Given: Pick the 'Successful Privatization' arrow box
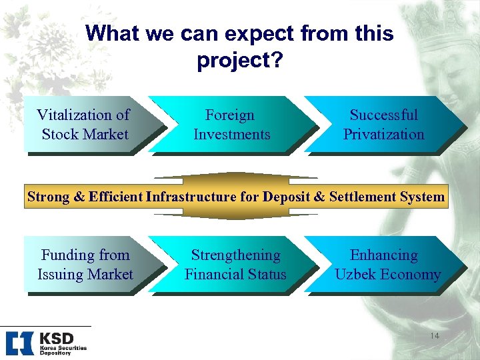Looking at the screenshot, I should (383, 125).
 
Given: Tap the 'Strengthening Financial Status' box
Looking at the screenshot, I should (235, 265).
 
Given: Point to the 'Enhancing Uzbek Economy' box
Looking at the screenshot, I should (387, 265).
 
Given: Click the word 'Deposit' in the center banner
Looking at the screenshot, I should (287, 197).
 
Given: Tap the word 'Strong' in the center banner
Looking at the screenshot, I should (47, 197).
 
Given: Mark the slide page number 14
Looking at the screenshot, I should (434, 335).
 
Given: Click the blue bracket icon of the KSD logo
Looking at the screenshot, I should (19, 343).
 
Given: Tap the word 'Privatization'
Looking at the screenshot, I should (383, 135).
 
